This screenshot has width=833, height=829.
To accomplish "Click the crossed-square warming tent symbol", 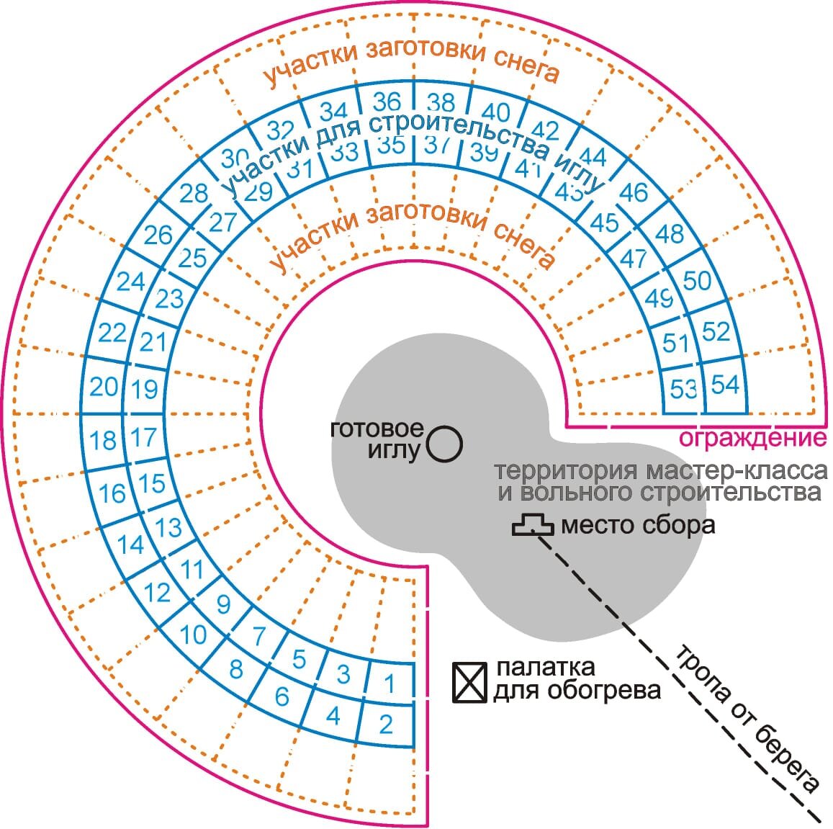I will (x=469, y=681).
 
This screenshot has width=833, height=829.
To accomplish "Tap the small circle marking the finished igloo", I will (x=444, y=443).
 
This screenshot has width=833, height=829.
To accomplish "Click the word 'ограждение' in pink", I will (x=752, y=438).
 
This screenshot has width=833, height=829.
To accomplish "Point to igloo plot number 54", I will (x=725, y=384).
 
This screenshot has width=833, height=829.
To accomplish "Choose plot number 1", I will (x=390, y=682).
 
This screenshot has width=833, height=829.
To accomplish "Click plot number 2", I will (x=386, y=723).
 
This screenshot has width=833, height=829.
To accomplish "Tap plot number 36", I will (x=387, y=102).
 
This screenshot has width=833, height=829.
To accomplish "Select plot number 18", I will (x=104, y=440).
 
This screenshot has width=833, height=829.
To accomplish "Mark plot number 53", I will (x=683, y=388).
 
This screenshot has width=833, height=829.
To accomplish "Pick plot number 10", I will (x=192, y=635).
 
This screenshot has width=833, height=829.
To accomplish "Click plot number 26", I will (x=158, y=235).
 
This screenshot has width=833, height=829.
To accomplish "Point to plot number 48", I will (x=669, y=234).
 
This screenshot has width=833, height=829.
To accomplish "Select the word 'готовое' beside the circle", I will (x=376, y=429).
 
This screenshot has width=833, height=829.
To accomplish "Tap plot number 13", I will (x=168, y=527).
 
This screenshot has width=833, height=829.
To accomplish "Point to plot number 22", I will (x=112, y=333).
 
